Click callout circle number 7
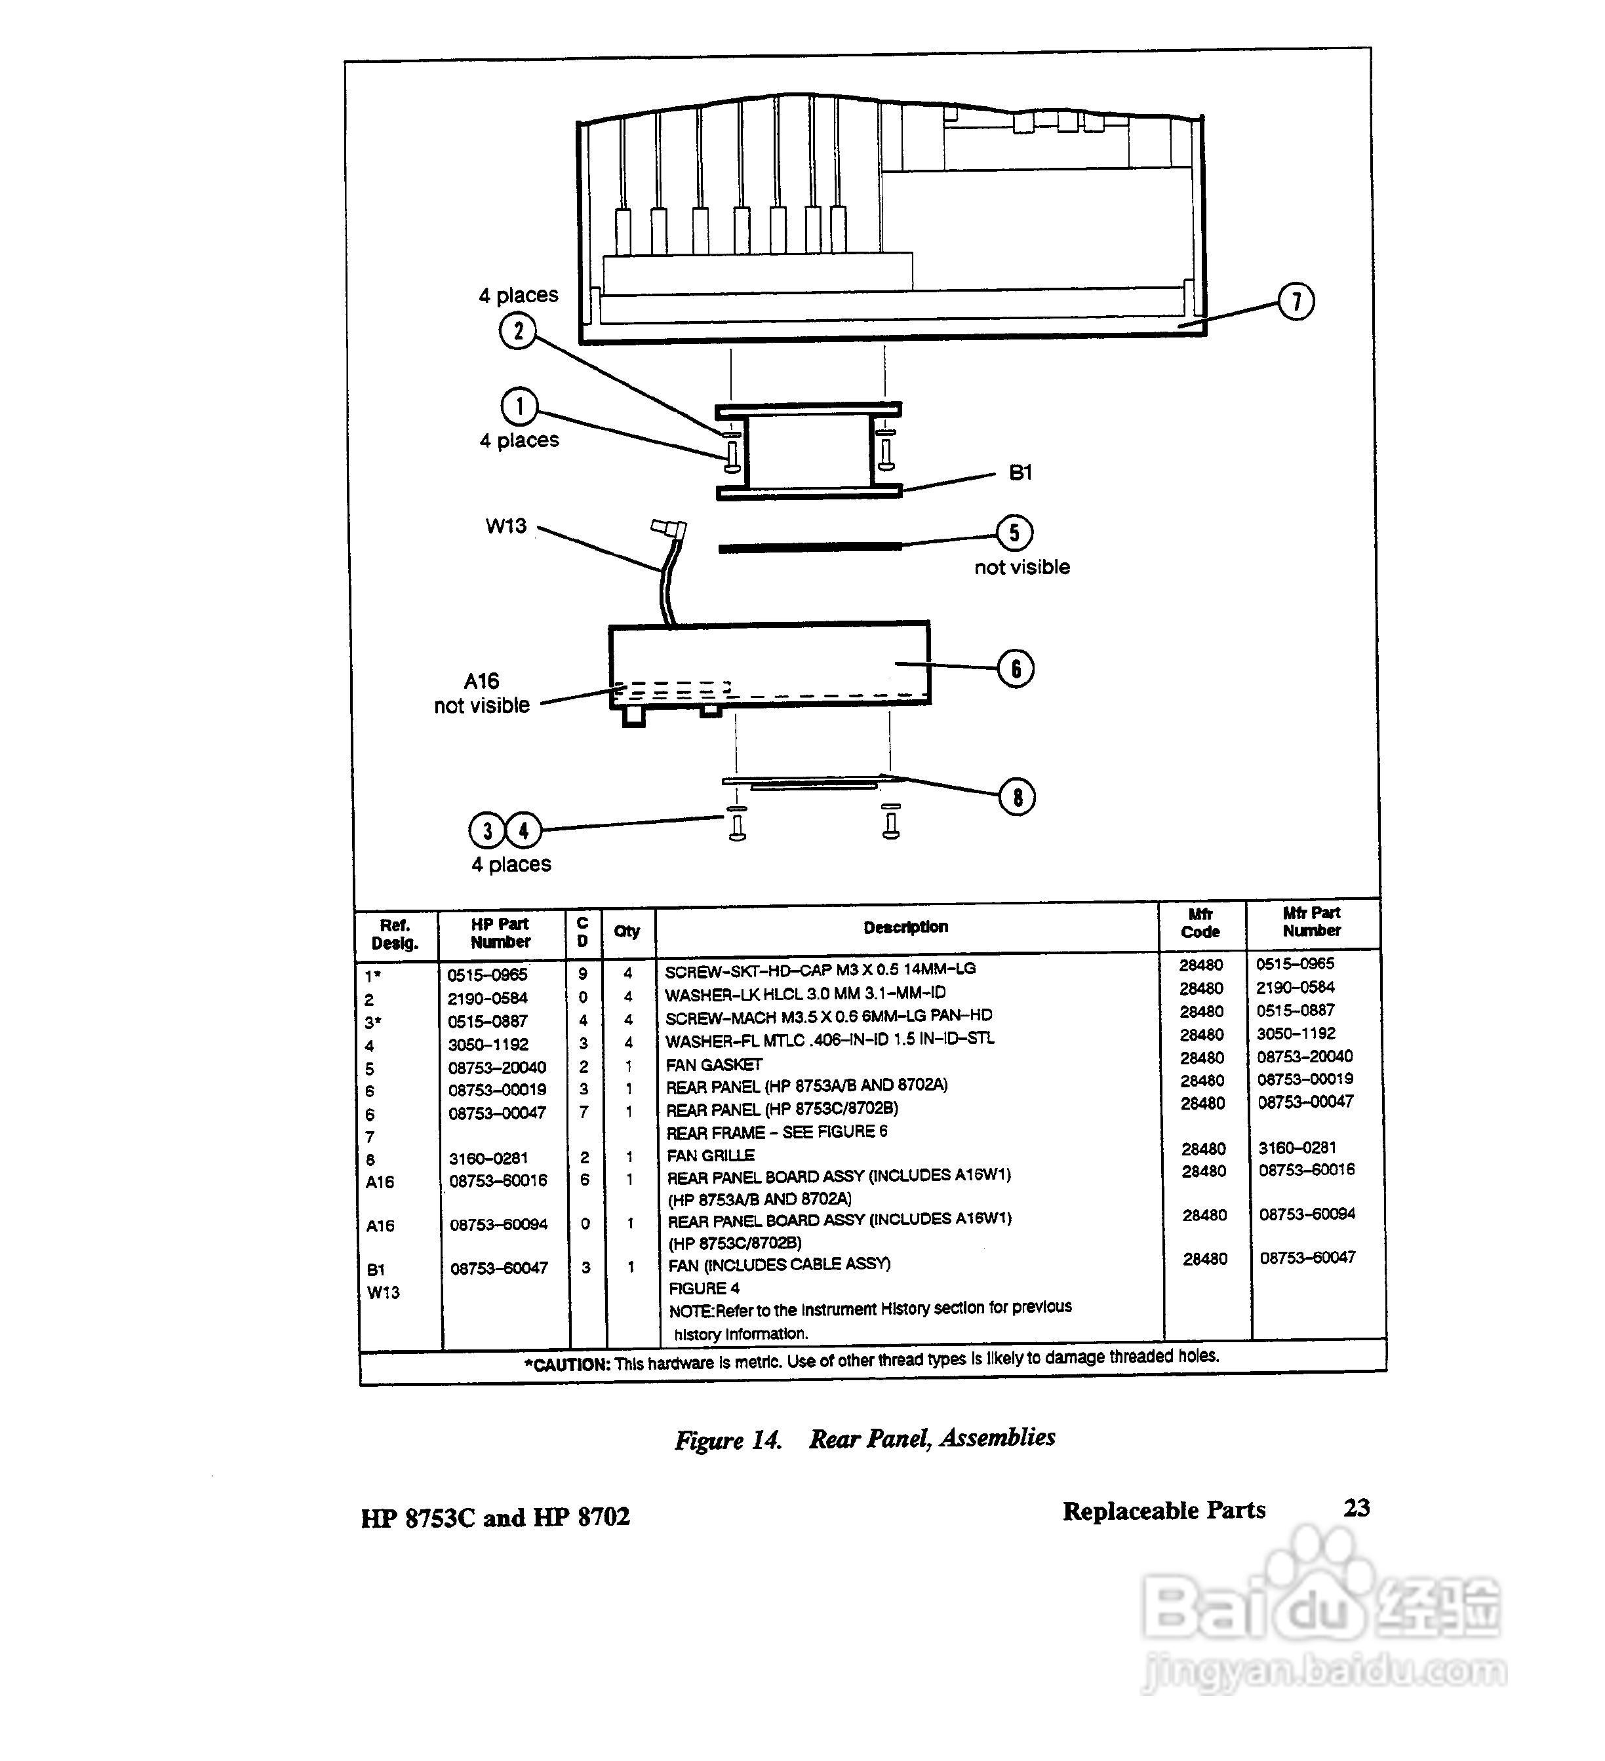(x=1295, y=301)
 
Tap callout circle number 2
(x=518, y=331)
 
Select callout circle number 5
(x=1014, y=532)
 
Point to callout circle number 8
(x=1017, y=797)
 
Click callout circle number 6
(x=1015, y=668)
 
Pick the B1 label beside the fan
(x=1020, y=473)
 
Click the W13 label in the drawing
(x=506, y=526)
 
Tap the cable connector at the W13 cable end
(x=668, y=528)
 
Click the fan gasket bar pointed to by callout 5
(x=809, y=548)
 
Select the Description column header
(x=905, y=927)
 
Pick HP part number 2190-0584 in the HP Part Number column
(x=488, y=998)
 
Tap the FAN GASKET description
(x=714, y=1065)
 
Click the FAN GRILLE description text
(x=710, y=1155)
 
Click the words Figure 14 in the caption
(x=728, y=1441)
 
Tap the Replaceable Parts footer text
(x=1164, y=1510)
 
